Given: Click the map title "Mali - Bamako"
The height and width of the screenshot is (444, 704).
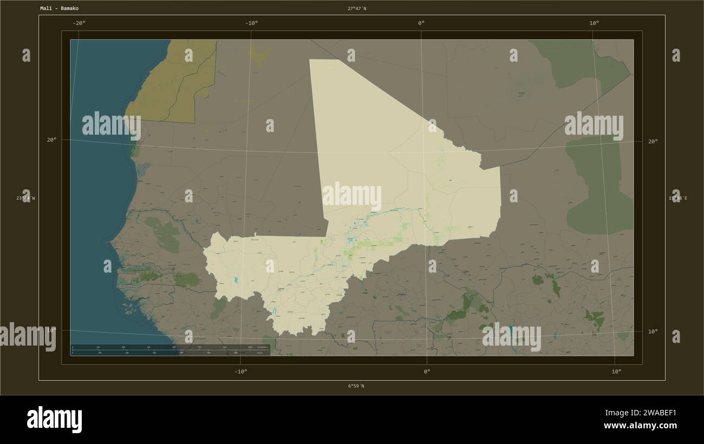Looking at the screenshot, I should point(59,9).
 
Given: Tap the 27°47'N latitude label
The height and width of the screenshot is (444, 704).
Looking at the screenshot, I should point(357,9).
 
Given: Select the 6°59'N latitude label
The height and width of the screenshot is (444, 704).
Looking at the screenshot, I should point(356,386).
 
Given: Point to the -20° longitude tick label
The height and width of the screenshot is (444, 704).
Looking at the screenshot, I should point(79,23).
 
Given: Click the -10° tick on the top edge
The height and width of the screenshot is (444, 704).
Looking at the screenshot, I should point(251,23).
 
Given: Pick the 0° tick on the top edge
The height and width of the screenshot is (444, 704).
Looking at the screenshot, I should point(421,23).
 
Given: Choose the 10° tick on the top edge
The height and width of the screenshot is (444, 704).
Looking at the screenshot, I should point(594,23).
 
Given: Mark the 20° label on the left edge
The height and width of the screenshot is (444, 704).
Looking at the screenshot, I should point(51,140).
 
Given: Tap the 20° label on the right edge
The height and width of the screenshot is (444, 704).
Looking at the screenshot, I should point(653,141).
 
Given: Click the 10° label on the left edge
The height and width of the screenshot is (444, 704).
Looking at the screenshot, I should point(51,330).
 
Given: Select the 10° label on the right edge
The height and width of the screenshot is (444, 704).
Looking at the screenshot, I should point(653,331).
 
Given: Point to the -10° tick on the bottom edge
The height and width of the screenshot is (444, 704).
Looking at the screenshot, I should point(241,372).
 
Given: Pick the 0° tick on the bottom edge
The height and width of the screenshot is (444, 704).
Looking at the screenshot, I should point(427,372).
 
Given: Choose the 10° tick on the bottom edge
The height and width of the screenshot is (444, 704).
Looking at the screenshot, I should point(616,372).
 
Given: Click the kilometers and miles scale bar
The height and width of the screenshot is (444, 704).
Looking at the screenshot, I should point(170,350).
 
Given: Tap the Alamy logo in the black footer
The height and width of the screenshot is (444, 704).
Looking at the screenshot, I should point(54,419).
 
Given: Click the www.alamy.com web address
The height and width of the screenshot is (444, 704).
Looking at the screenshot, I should point(640,426).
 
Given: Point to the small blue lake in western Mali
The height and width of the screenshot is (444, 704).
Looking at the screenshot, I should point(236,280).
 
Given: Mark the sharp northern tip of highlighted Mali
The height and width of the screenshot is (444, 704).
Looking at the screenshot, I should point(311,60).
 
